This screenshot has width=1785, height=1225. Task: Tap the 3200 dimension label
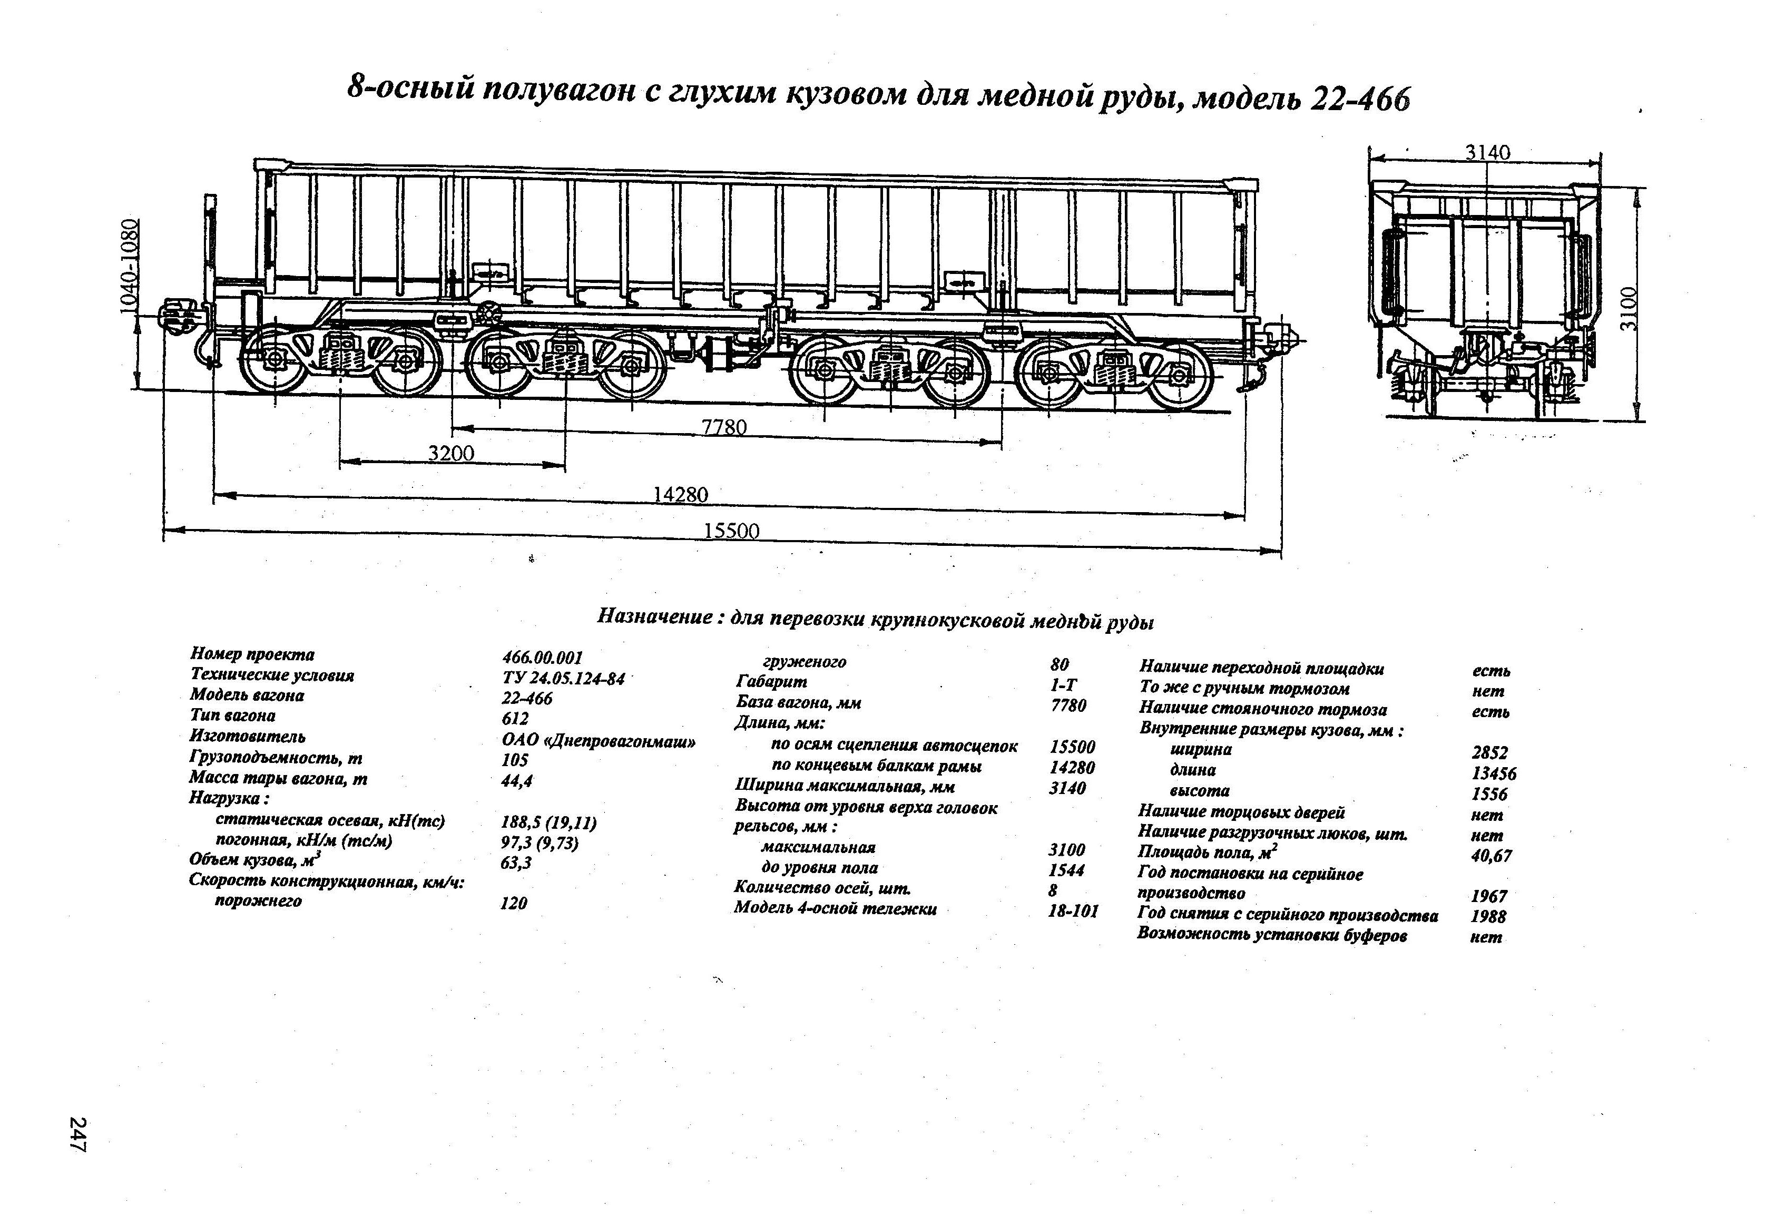pyautogui.click(x=451, y=453)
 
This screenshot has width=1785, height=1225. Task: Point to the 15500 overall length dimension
pyautogui.click(x=730, y=531)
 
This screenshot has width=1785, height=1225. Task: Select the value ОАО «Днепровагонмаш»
pyautogui.click(x=599, y=742)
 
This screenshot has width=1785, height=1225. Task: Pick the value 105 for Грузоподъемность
pyautogui.click(x=515, y=760)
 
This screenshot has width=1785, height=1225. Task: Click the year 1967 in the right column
pyautogui.click(x=1488, y=896)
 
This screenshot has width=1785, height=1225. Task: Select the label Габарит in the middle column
pyautogui.click(x=771, y=681)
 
